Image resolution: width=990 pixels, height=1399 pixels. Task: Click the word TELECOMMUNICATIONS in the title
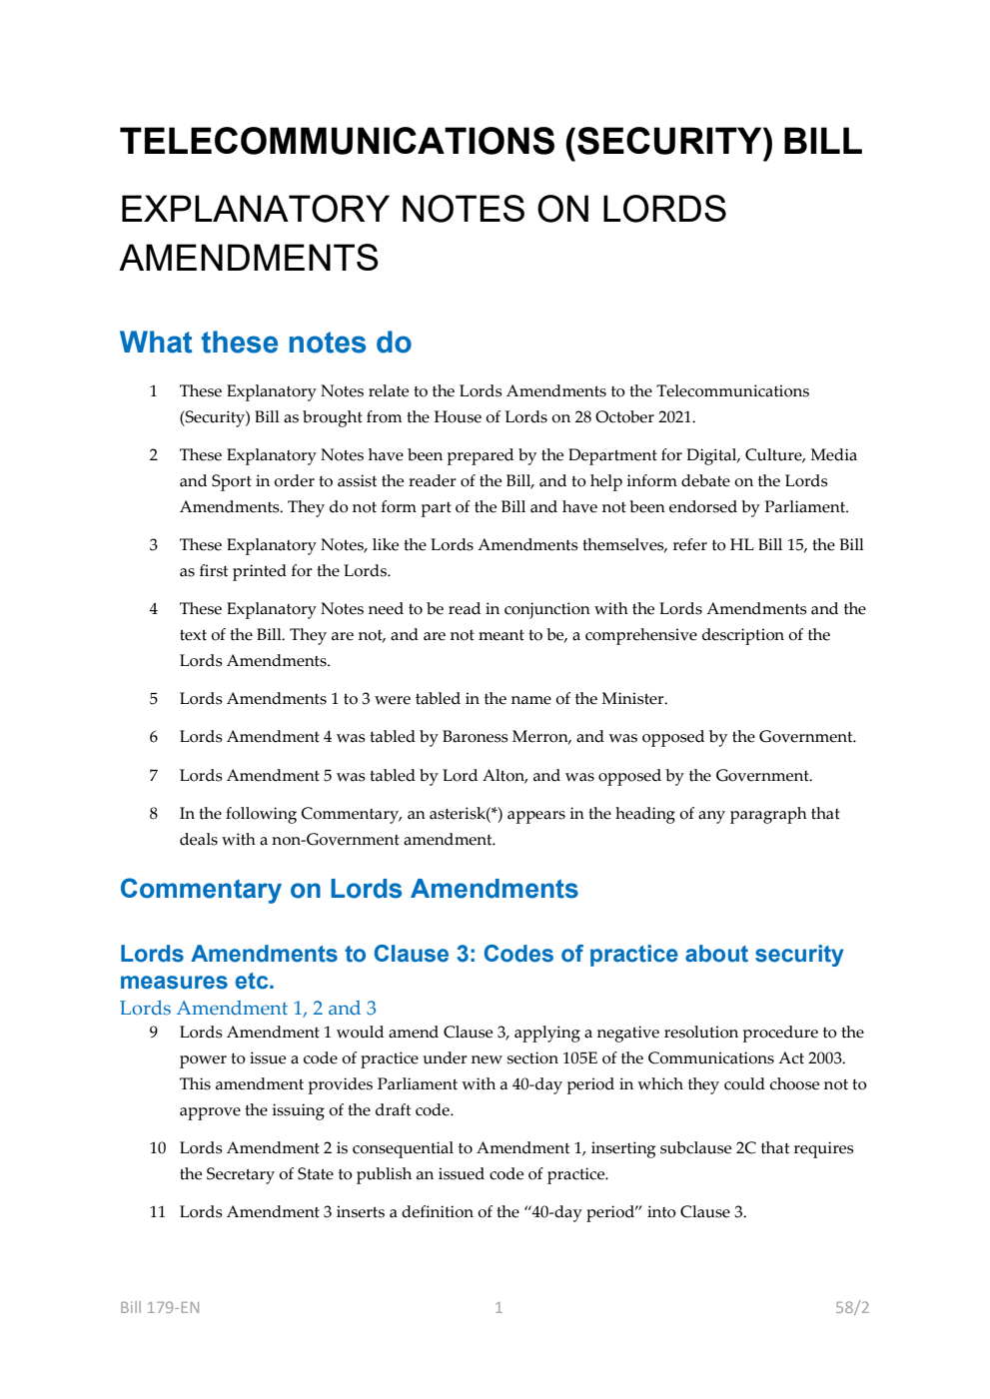point(337,142)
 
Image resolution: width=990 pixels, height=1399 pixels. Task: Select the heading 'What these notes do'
point(265,343)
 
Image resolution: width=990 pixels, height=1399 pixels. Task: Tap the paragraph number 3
point(154,545)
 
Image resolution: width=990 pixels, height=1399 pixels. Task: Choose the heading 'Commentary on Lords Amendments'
point(349,889)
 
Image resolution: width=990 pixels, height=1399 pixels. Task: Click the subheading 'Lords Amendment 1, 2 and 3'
point(248,1009)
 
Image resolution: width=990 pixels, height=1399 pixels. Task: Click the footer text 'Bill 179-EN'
point(160,1307)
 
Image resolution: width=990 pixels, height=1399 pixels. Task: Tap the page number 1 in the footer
point(498,1307)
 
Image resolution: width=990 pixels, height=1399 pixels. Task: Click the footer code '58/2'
point(851,1307)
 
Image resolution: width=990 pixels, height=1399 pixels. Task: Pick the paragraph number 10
point(158,1148)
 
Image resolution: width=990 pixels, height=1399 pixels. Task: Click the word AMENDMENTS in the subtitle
point(249,259)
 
